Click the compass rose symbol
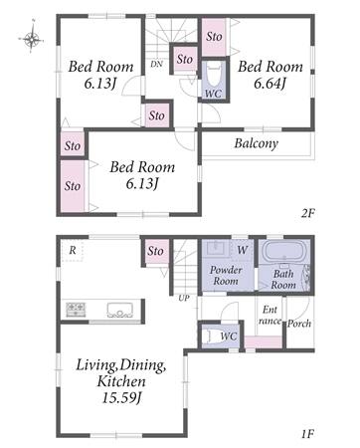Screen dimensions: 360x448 coord(32,39)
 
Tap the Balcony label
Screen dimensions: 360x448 coord(256,143)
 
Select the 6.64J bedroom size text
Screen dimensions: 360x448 coord(270,84)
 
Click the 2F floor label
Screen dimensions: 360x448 coord(307,213)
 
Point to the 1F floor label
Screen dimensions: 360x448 coord(307,434)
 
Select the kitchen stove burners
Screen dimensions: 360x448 coord(76,310)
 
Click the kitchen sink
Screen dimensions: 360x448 coord(119,310)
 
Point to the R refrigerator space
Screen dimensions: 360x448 coord(73,251)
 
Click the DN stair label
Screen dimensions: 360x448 coord(156,64)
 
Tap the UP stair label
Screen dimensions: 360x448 coord(184,299)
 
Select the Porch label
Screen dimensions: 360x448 coord(299,324)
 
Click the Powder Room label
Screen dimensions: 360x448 coord(226,276)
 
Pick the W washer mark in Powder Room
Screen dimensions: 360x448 coord(243,250)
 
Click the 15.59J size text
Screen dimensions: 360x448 coord(121,398)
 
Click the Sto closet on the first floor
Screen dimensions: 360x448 coord(155,251)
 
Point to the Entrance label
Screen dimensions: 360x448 coord(270,316)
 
